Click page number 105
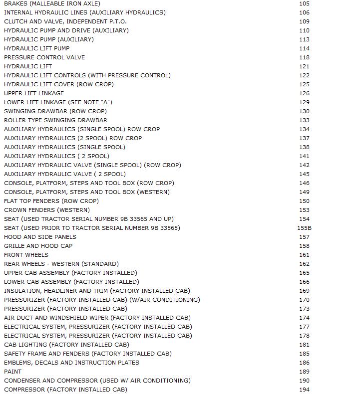(x=304, y=3)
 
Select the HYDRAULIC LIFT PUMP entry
(x=37, y=48)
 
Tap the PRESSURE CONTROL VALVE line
(x=44, y=57)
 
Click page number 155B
(x=304, y=228)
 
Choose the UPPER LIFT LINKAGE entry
(x=34, y=93)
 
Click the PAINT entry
(x=13, y=372)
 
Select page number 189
(x=304, y=372)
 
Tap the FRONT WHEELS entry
(x=26, y=255)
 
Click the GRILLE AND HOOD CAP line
(x=38, y=246)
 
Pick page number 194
(x=304, y=390)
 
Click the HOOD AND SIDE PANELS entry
(x=40, y=237)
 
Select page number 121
(x=304, y=66)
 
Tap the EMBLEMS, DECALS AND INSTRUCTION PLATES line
(x=71, y=363)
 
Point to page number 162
(x=304, y=264)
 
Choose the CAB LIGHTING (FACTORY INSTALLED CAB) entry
(x=66, y=345)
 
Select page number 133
(x=304, y=120)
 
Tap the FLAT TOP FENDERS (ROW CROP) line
(x=51, y=201)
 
